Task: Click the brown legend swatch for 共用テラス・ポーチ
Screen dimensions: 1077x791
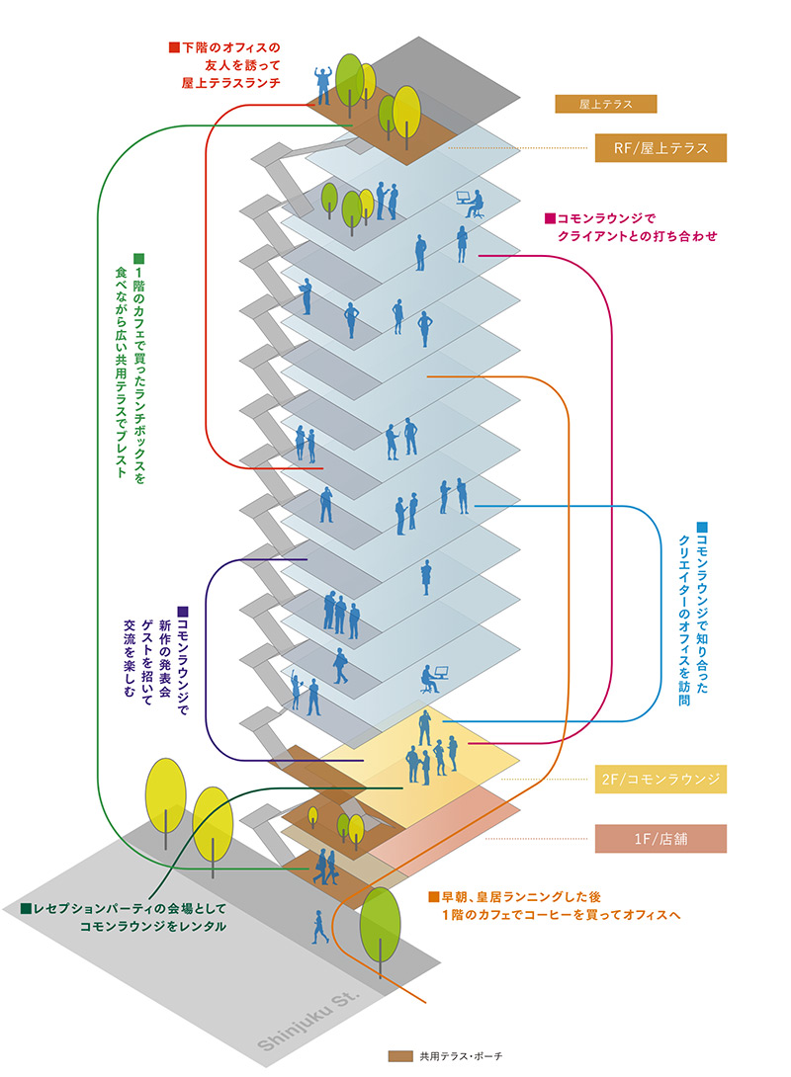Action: point(399,1056)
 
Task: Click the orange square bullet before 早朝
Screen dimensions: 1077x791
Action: point(432,897)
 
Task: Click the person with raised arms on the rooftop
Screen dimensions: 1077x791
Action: point(321,85)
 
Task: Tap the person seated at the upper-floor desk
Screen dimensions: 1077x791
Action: point(475,206)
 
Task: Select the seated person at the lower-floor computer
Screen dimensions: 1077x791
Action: point(427,680)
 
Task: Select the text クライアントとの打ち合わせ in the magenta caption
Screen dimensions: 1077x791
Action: point(637,237)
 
